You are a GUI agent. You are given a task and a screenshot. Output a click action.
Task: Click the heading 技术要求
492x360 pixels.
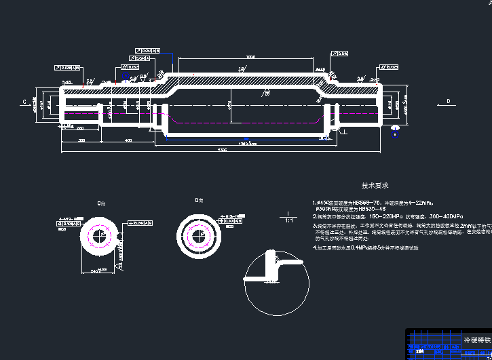pyautogui.click(x=375, y=185)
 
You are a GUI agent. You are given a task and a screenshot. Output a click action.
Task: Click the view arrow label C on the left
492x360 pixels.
pyautogui.click(x=24, y=102)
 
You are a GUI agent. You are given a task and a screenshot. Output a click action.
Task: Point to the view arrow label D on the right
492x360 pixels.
pyautogui.click(x=449, y=102)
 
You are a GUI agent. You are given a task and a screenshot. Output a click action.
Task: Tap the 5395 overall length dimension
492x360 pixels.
pyautogui.click(x=221, y=149)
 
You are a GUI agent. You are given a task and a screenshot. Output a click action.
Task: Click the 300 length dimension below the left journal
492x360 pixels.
pyautogui.click(x=82, y=140)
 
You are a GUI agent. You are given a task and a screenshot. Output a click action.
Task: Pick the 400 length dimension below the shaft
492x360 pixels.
pyautogui.click(x=128, y=140)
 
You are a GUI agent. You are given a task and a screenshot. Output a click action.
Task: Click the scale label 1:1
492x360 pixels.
pyautogui.click(x=288, y=220)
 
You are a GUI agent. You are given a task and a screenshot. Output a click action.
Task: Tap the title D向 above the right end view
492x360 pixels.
pyautogui.click(x=199, y=201)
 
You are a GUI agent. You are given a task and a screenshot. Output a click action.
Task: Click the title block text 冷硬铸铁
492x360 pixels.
pyautogui.click(x=474, y=338)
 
